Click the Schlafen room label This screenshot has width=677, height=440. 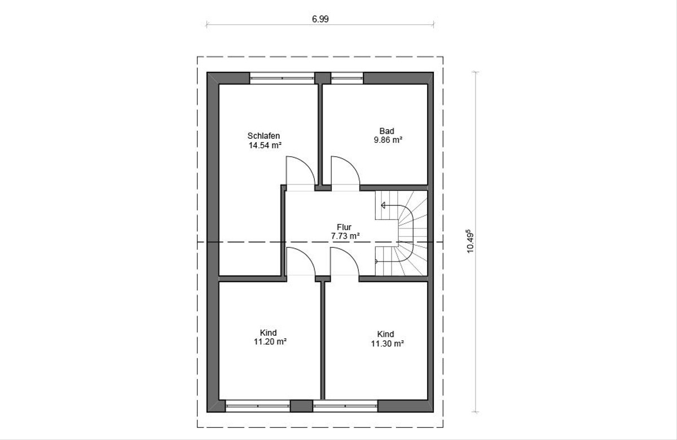[x=263, y=136]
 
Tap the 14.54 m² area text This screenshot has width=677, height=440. [x=265, y=146]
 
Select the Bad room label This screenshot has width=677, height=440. [x=387, y=131]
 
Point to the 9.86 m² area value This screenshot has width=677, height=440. [x=388, y=140]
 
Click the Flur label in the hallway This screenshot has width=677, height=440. [x=344, y=227]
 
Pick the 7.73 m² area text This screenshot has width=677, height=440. [x=345, y=236]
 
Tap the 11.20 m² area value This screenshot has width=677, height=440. [x=270, y=342]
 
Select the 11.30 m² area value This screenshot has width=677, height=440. [x=388, y=344]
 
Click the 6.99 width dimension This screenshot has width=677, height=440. [x=320, y=19]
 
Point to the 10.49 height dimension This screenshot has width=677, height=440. [x=471, y=243]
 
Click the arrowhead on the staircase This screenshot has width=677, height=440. [x=383, y=205]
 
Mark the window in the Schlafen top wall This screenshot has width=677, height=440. [x=282, y=78]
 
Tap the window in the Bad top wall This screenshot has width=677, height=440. [x=347, y=78]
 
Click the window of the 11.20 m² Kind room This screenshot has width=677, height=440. [x=258, y=406]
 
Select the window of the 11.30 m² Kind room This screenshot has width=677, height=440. [x=345, y=406]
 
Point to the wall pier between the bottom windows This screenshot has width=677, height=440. [x=301, y=406]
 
